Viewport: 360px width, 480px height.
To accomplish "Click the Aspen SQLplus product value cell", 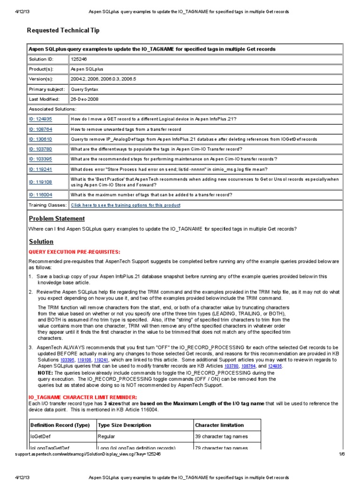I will (86, 69).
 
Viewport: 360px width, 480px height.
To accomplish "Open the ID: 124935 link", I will (40, 119).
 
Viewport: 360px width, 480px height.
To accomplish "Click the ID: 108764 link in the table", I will (40, 129).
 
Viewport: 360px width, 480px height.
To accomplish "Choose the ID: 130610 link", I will (40, 139).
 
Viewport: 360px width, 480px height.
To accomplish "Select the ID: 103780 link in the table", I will (40, 149).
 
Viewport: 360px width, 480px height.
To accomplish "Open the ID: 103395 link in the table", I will (40, 159).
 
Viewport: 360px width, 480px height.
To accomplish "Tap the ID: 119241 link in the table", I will (40, 169).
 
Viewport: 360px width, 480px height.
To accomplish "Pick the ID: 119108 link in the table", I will (40, 182).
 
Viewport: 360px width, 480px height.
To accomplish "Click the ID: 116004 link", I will (40, 195).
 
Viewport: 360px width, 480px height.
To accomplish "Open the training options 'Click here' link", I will (125, 205).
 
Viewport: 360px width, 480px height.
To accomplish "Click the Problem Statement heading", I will (57, 218).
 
